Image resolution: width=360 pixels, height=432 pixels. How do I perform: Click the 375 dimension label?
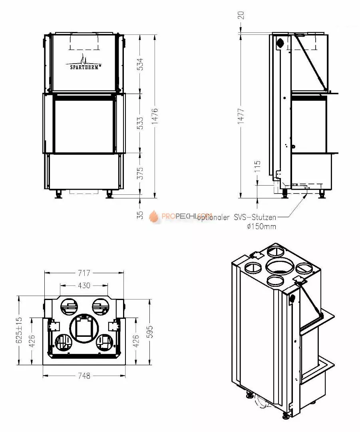[140, 173]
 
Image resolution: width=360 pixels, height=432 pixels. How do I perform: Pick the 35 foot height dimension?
[140, 215]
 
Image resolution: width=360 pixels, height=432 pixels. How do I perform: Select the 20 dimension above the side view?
[241, 15]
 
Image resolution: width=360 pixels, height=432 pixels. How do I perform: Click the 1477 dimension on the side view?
[241, 116]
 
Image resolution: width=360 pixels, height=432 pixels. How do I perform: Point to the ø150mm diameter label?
[261, 226]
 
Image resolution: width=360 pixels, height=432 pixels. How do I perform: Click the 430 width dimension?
[84, 285]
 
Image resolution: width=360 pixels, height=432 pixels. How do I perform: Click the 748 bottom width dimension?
[84, 376]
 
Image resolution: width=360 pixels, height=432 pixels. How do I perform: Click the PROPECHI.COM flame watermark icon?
[154, 216]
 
